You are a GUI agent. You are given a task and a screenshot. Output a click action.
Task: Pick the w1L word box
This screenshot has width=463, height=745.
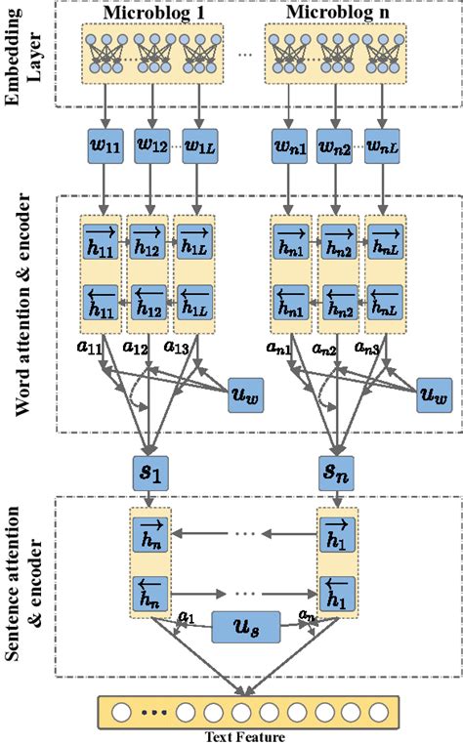pyautogui.click(x=199, y=147)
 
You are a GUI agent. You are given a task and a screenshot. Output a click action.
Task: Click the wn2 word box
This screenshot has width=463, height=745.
pyautogui.click(x=337, y=147)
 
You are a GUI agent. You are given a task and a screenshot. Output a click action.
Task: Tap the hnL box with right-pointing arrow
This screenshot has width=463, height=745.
pyautogui.click(x=385, y=237)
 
